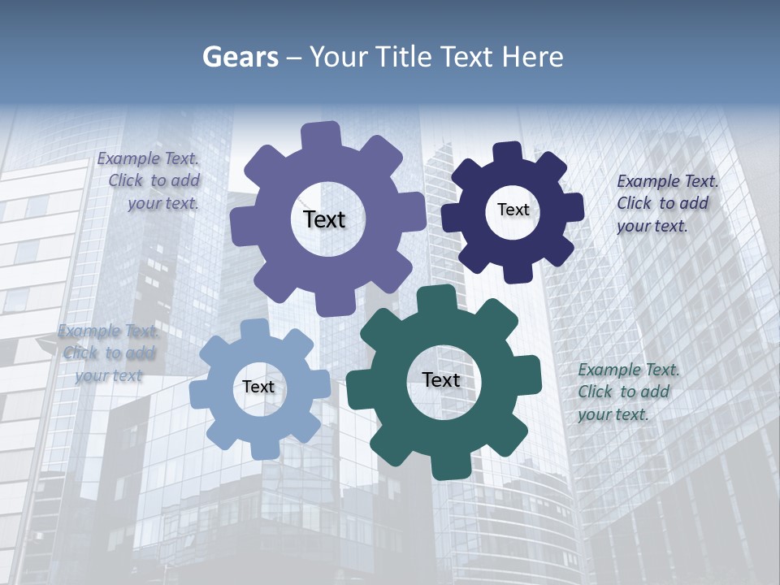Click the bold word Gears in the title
click(240, 57)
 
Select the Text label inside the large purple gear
click(324, 219)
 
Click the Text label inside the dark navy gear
click(513, 210)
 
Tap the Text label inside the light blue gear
click(258, 387)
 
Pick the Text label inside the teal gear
click(441, 379)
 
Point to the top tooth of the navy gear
click(507, 153)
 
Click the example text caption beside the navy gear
click(667, 204)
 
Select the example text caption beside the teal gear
click(628, 392)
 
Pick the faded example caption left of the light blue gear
click(108, 353)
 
